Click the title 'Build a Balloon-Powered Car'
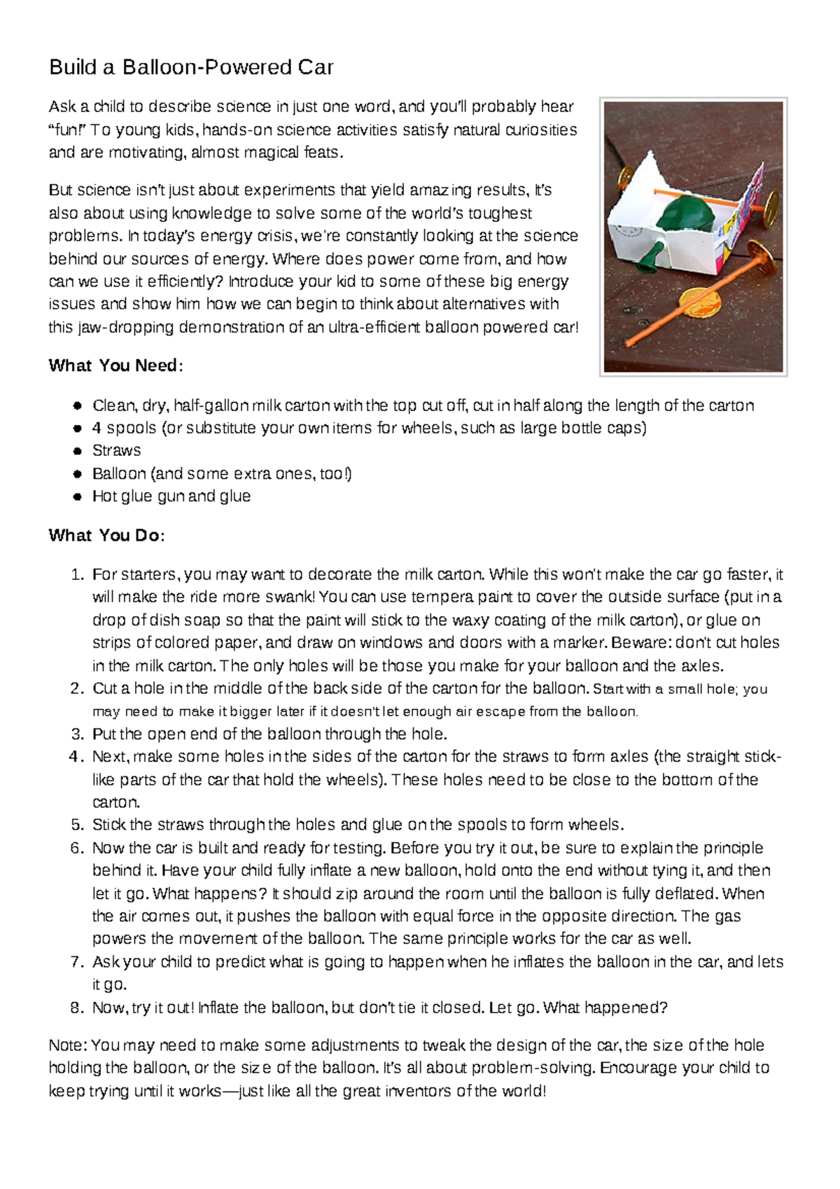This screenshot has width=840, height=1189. [x=190, y=68]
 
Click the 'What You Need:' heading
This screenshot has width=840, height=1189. [x=115, y=366]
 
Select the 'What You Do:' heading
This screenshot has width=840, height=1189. [x=106, y=536]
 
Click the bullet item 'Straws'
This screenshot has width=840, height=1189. [x=116, y=450]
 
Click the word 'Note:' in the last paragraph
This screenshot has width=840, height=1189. [x=67, y=1046]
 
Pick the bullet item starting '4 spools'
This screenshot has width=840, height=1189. [x=368, y=428]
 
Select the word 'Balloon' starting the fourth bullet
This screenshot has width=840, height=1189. [x=119, y=474]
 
